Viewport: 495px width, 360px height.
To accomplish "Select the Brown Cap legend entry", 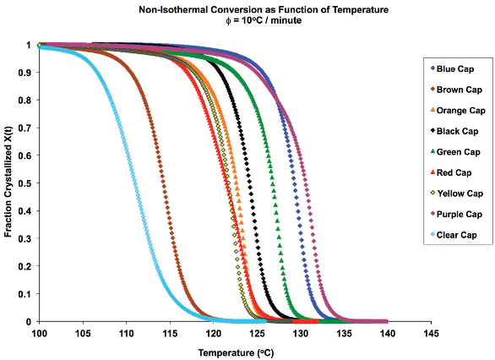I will click(x=456, y=90).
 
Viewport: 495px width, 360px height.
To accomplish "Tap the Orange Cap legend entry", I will click(x=457, y=110).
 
